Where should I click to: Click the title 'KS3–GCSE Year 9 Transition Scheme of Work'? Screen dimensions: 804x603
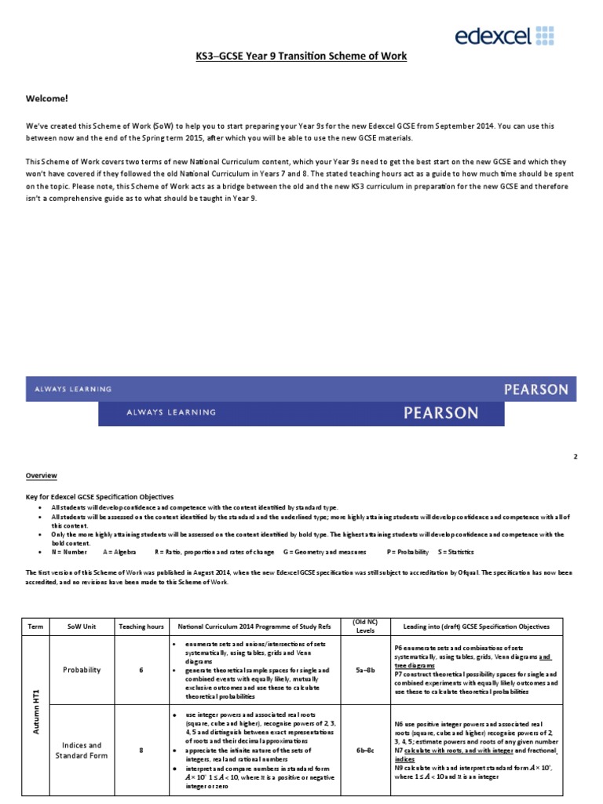click(x=301, y=57)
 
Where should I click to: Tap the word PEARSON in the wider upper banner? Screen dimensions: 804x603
click(x=535, y=389)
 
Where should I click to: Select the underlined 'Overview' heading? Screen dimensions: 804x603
click(x=41, y=476)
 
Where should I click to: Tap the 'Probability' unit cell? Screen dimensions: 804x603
click(x=82, y=670)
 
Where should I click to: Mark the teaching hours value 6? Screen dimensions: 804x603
click(x=141, y=670)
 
